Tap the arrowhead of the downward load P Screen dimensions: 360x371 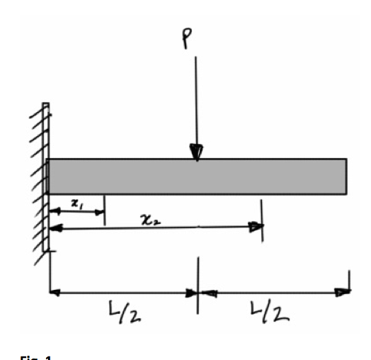point(197,152)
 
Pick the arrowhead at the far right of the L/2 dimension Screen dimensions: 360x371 point(344,291)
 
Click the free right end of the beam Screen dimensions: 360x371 point(345,176)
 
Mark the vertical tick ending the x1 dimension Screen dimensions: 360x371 point(105,211)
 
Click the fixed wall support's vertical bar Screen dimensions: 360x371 point(46,177)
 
